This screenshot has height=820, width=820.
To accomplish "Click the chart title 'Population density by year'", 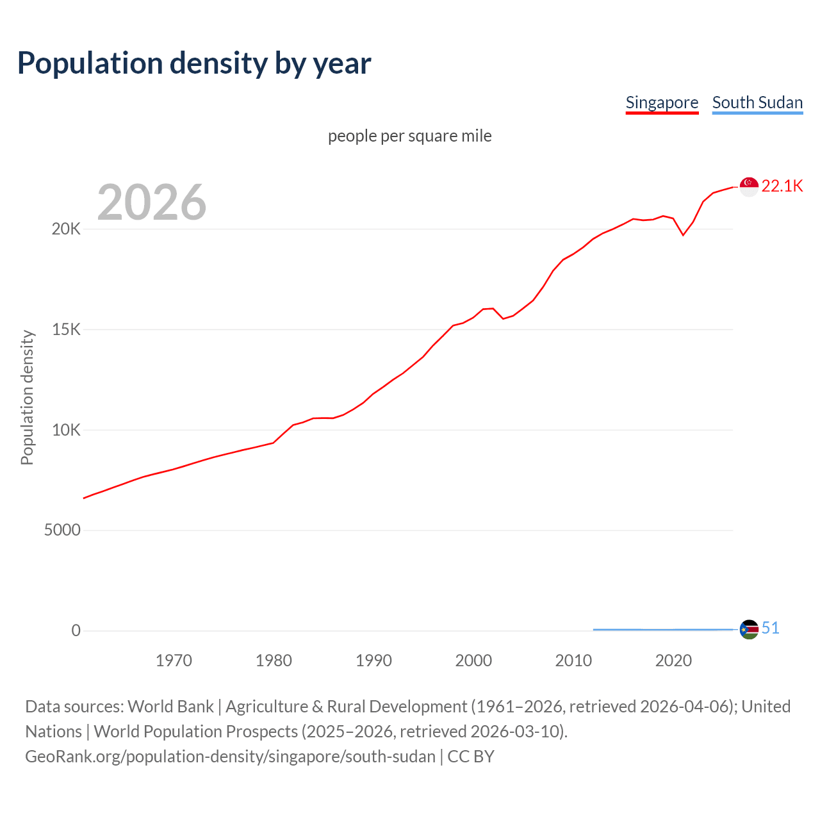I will coord(194,63).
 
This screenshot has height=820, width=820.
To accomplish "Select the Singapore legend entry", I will coord(662,102).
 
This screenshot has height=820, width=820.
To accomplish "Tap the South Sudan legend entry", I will coord(757,102).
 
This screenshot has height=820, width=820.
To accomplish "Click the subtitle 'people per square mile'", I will coord(410,136).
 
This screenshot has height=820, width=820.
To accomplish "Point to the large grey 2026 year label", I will coord(152,202).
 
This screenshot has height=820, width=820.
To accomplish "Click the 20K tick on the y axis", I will coord(66,229).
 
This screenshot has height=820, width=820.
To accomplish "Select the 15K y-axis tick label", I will coord(66,330).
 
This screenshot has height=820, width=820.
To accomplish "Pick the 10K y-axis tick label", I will coord(66,430).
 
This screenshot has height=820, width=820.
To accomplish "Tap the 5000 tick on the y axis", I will coord(62,530).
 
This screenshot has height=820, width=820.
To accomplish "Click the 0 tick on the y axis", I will coord(76,631).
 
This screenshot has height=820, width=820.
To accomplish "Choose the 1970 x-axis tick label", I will coord(174,660).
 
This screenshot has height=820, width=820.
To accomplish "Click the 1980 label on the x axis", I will coord(274,660).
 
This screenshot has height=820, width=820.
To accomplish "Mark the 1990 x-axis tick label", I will coord(373,660).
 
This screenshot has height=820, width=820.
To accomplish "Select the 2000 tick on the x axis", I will coord(473,660).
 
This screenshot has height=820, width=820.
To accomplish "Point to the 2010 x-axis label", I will coord(573,660).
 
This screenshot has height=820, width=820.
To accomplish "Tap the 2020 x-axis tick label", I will coord(673,660).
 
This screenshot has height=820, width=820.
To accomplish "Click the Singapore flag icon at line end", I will coord(749,186).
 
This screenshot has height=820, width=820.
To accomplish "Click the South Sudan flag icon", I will coord(749,630).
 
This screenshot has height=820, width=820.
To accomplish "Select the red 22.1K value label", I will coord(782,186).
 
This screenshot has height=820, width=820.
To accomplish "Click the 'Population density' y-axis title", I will coord(27,397).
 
